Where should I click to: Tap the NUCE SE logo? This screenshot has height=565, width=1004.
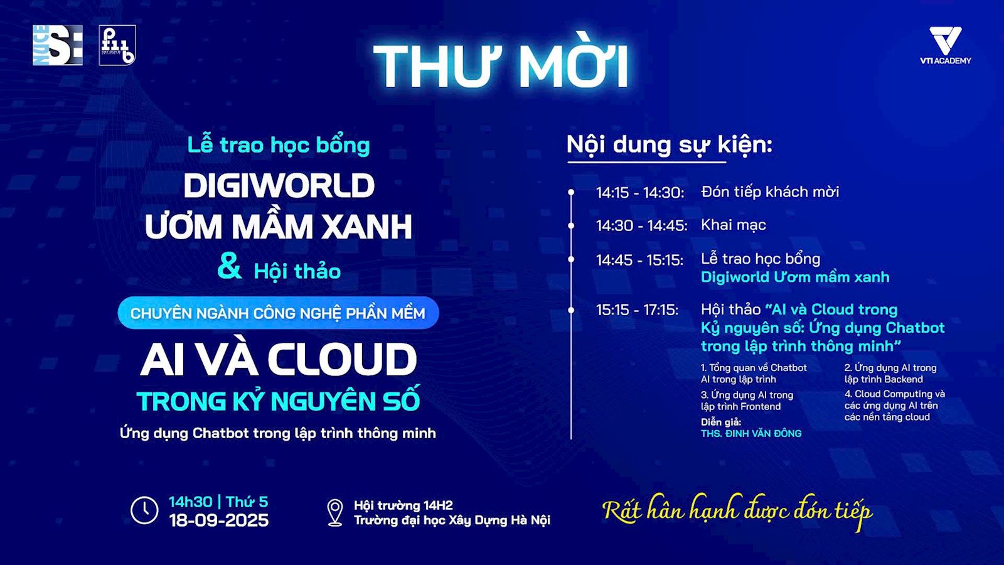coord(58,45)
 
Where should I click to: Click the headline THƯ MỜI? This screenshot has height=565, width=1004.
coord(501,66)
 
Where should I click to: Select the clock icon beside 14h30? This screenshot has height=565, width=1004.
coord(144,510)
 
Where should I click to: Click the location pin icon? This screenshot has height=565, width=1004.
coord(335,512)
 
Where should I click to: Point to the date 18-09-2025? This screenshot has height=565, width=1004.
coord(219,520)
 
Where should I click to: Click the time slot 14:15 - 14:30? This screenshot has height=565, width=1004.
coord(640,192)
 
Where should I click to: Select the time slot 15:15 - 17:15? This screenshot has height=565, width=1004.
coord(637,310)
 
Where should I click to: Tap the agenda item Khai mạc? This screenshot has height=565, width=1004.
coord(734,225)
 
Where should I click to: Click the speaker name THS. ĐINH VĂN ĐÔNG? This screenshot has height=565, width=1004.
coord(751,434)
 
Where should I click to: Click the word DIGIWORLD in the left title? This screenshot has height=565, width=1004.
coord(279,185)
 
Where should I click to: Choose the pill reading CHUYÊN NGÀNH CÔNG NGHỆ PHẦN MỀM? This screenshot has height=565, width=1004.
coord(279,313)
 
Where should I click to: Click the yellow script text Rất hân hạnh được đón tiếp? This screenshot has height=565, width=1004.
coord(737,512)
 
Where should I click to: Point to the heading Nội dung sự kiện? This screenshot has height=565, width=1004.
coord(669,145)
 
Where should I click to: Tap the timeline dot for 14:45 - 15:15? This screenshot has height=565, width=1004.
coord(571,259)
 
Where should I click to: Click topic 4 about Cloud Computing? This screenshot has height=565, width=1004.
coord(895,406)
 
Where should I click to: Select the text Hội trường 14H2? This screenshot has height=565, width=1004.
coord(403,505)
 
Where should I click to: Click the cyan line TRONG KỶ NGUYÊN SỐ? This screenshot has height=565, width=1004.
coord(279,401)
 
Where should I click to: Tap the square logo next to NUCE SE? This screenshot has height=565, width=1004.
coord(117,45)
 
